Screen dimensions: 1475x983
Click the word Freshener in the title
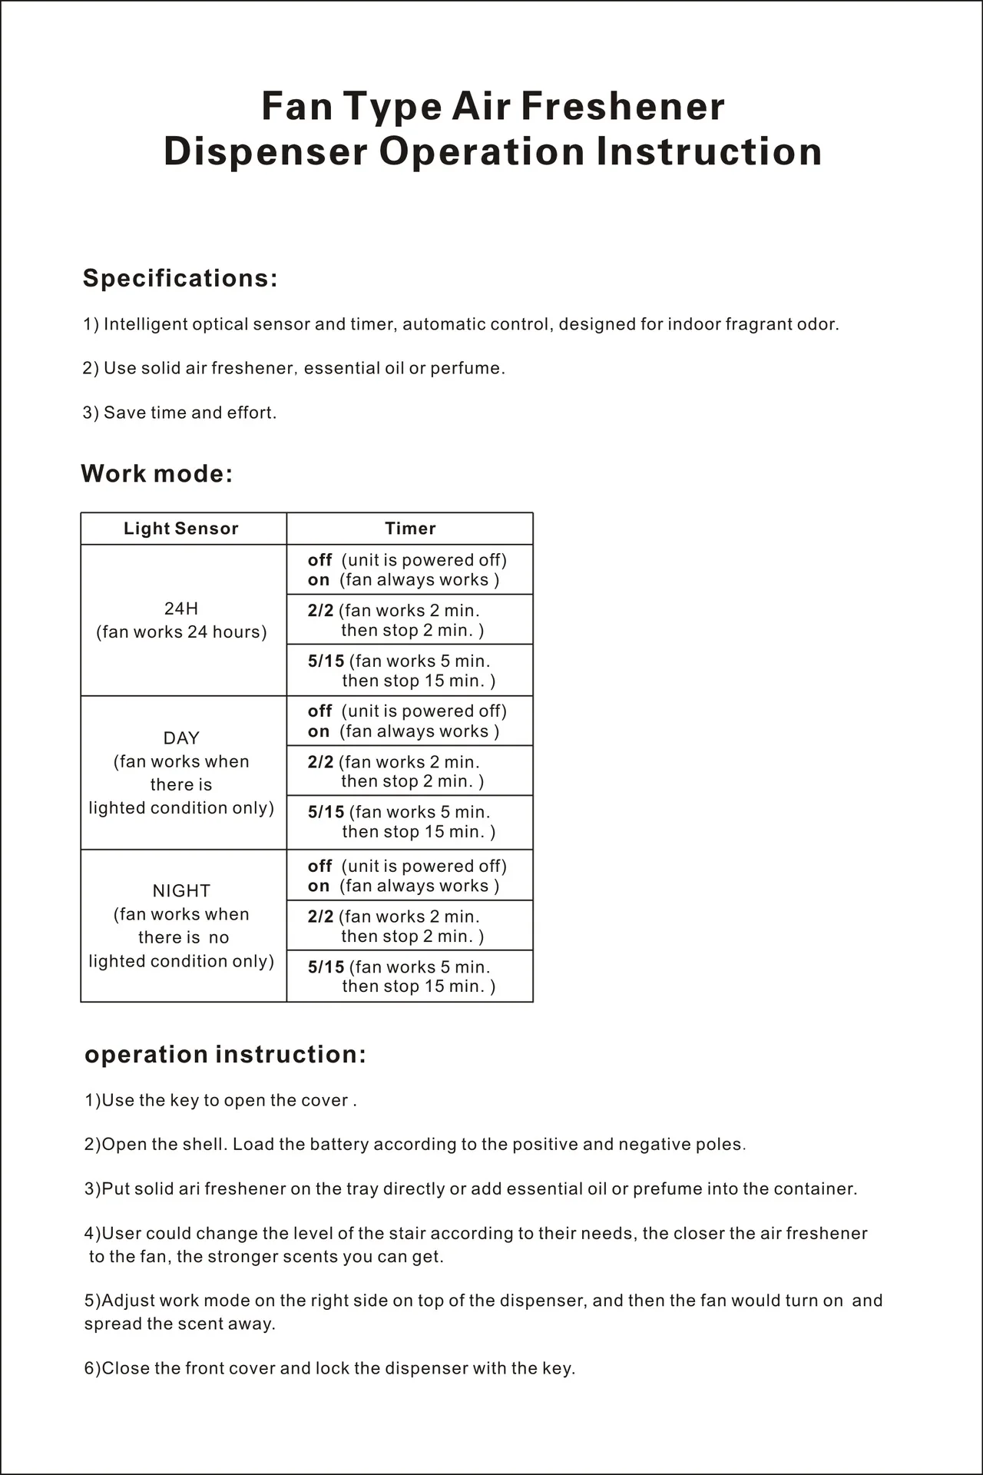[x=623, y=106]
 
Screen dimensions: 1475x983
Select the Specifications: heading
[x=180, y=278]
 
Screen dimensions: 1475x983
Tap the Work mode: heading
[x=157, y=473]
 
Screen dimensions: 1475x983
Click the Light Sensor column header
[x=181, y=529]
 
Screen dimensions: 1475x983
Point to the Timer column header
[x=410, y=529]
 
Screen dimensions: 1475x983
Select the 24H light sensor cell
[x=181, y=620]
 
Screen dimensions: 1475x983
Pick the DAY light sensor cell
[x=181, y=773]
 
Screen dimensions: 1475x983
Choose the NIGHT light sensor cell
[x=181, y=926]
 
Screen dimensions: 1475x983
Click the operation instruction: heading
[x=225, y=1055]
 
